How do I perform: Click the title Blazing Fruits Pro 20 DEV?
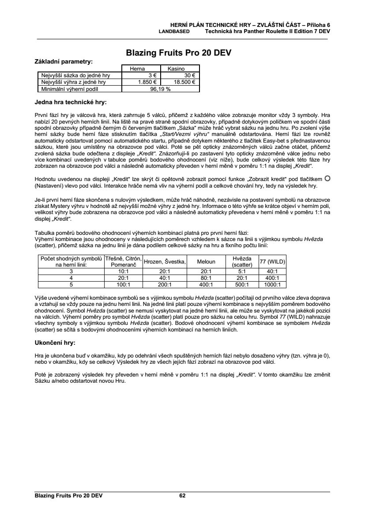pos(179,53)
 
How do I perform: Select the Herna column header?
pos(141,69)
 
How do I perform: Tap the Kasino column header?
pos(180,69)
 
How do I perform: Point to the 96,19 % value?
pos(160,88)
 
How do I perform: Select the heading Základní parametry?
pos(64,61)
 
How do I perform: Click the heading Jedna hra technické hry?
pos(71,102)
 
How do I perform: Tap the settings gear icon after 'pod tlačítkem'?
pos(327,178)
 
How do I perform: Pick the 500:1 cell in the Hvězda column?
pos(242,285)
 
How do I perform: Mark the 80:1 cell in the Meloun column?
pos(206,278)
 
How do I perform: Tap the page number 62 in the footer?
pos(182,496)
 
